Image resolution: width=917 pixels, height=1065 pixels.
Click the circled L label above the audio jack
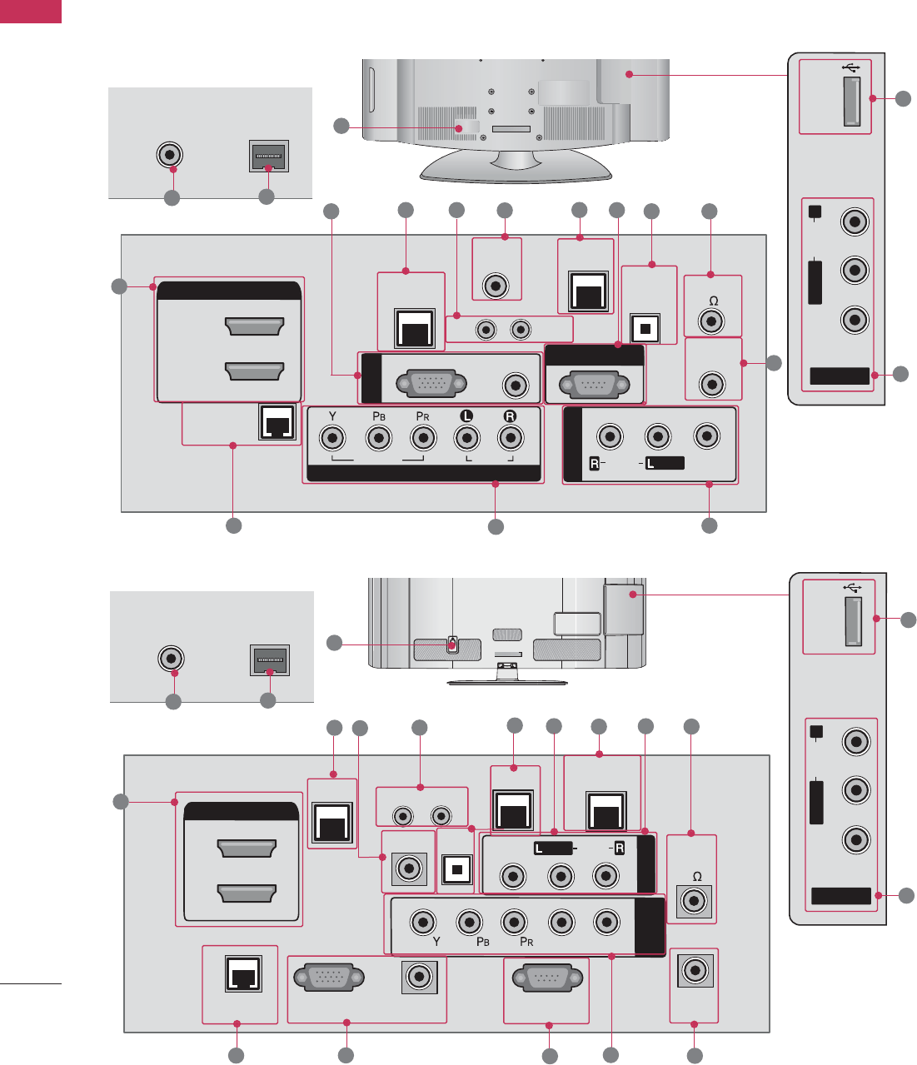(x=467, y=416)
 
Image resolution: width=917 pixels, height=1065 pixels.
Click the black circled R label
(x=510, y=416)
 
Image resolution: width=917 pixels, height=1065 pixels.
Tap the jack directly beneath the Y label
(x=333, y=437)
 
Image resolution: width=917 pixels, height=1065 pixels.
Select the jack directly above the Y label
(x=425, y=922)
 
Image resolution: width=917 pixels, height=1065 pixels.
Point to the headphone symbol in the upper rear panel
(x=710, y=301)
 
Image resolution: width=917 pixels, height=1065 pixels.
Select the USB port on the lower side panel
(x=854, y=622)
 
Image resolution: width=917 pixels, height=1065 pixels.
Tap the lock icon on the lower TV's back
(x=452, y=644)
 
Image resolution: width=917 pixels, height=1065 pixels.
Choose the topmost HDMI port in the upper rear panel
(x=255, y=326)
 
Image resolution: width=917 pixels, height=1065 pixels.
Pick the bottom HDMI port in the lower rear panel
(x=247, y=893)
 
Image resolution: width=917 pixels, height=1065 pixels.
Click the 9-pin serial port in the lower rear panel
(x=546, y=978)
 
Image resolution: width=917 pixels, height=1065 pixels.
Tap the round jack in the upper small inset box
(x=170, y=155)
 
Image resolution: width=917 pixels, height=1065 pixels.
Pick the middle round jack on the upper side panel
(x=854, y=270)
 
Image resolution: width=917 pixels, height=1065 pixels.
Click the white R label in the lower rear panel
(x=619, y=848)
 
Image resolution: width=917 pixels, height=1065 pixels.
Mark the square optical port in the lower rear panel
(x=456, y=870)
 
